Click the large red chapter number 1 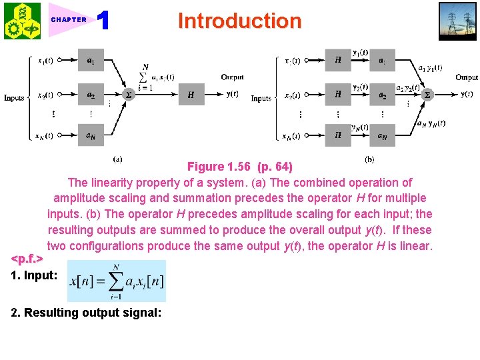pos(103,21)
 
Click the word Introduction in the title pos(239,21)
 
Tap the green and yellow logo pos(22,21)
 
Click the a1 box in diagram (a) pos(91,60)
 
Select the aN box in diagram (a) pos(91,135)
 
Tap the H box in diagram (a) pos(191,95)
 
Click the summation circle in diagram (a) pos(129,95)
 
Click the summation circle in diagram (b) pos(427,95)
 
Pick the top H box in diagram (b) pos(338,60)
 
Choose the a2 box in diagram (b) pos(383,95)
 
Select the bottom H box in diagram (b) pos(338,135)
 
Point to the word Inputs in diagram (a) pos(14,98)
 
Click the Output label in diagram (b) pos(466,77)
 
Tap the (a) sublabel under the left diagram pos(117,159)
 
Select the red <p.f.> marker pos(27,257)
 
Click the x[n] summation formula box pos(117,281)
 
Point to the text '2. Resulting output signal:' pos(86,312)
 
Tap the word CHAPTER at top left pos(69,20)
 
